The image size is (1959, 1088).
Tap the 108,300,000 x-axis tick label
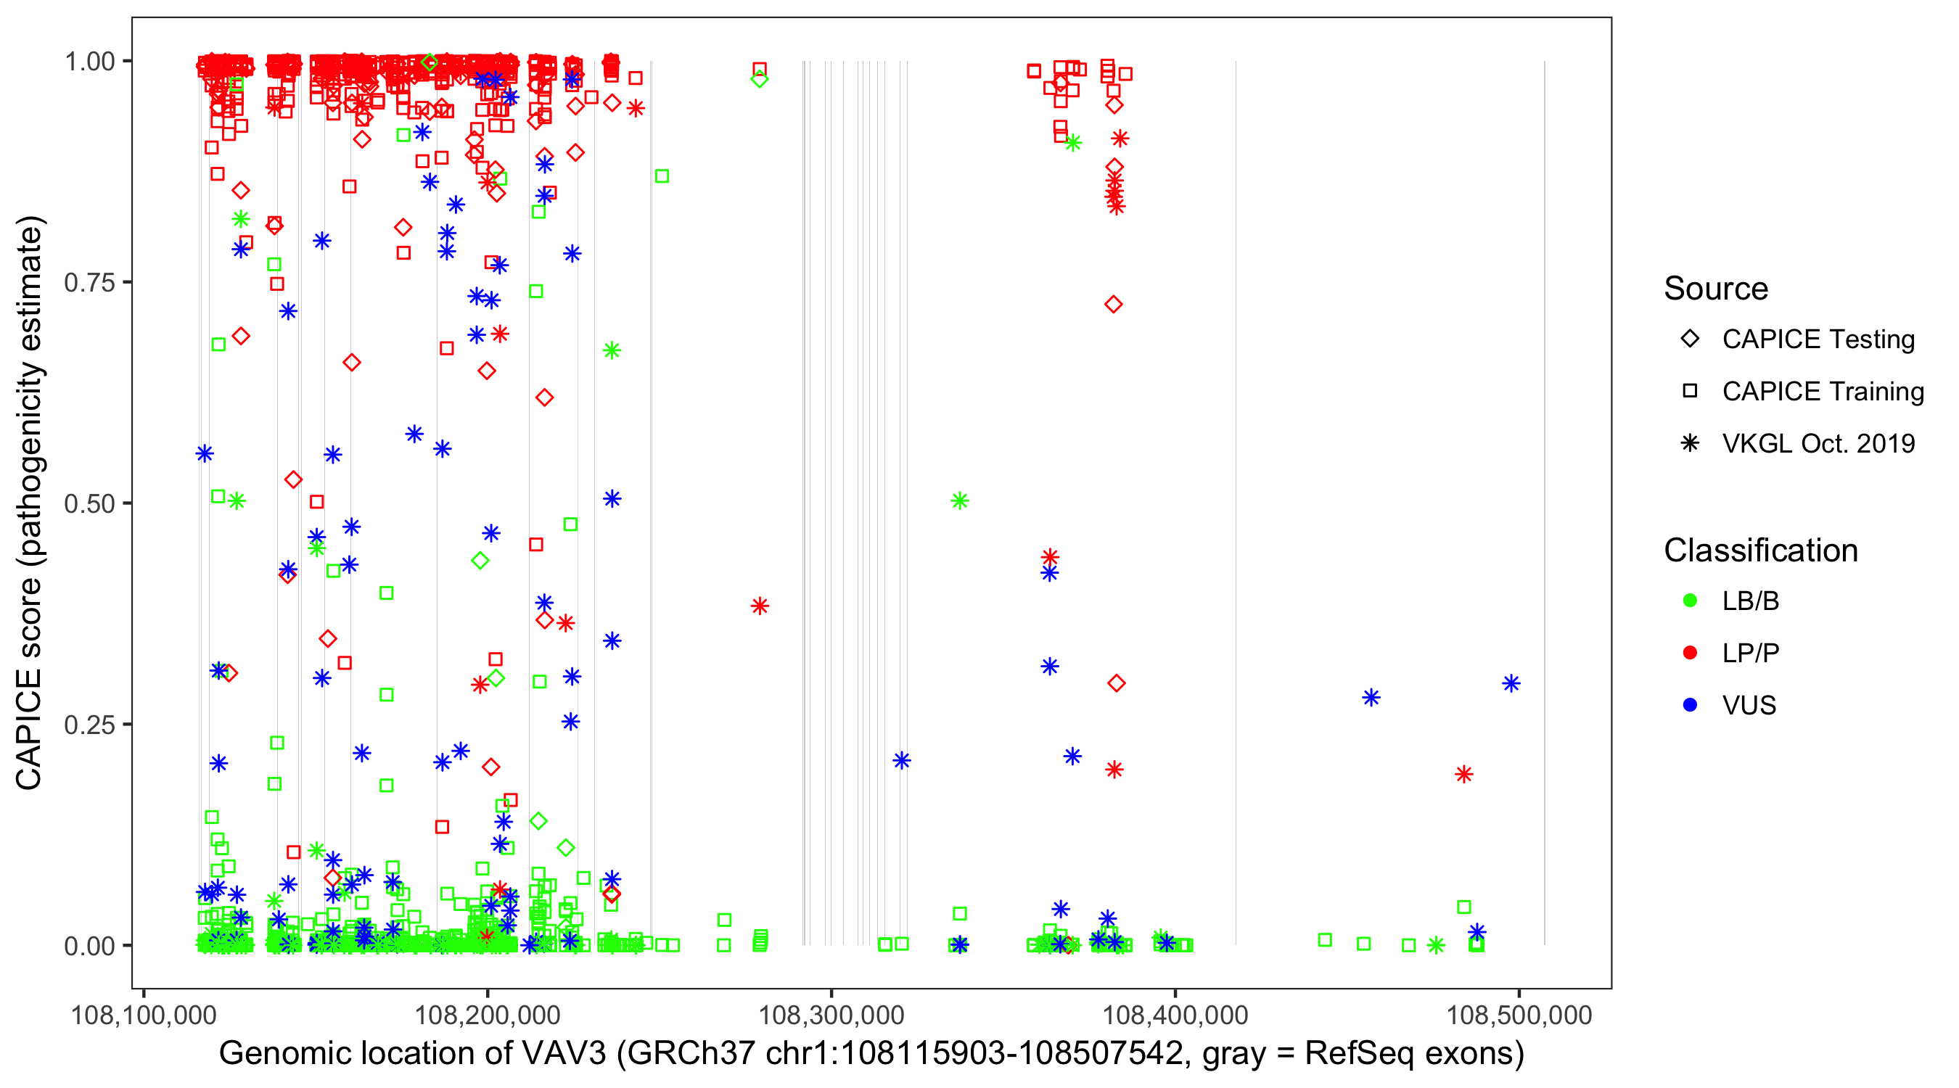click(x=831, y=1015)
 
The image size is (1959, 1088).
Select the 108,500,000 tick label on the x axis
click(x=1519, y=1015)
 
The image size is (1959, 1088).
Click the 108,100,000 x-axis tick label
click(x=144, y=1015)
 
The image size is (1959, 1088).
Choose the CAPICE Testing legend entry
click(x=1818, y=339)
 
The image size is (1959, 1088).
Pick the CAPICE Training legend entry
click(x=1822, y=392)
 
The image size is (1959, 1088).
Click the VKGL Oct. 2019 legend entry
click(x=1818, y=444)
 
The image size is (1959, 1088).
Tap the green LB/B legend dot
click(x=1690, y=601)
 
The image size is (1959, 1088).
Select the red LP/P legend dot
click(x=1690, y=653)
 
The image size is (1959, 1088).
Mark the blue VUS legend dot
click(x=1690, y=706)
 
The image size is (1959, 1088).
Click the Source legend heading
click(x=1716, y=289)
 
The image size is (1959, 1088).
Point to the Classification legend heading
click(x=1760, y=551)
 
